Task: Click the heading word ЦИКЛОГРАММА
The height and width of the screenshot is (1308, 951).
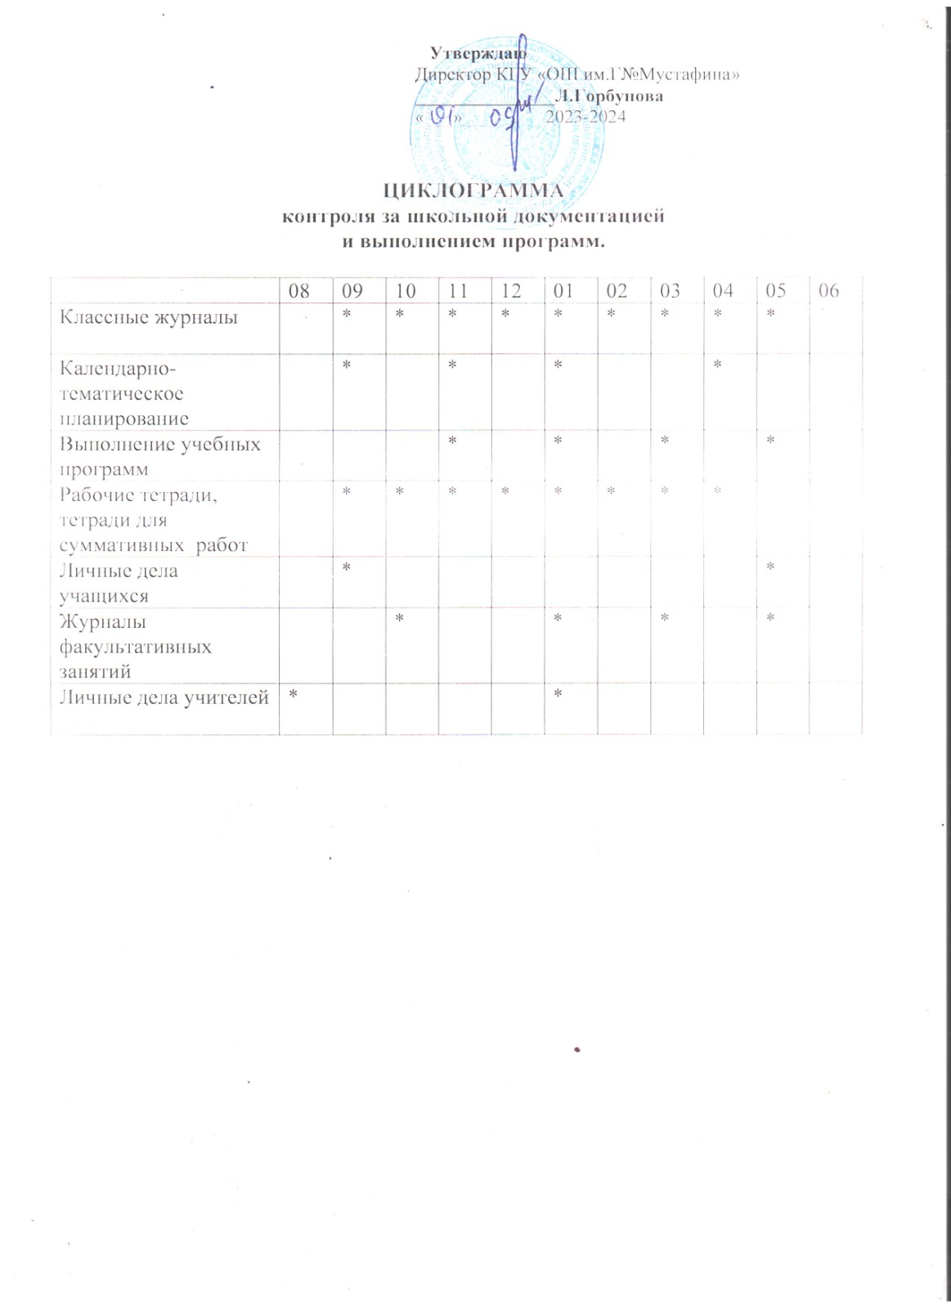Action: click(x=474, y=190)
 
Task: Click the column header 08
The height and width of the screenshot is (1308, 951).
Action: click(x=299, y=291)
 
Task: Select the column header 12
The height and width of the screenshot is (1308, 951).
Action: click(x=511, y=291)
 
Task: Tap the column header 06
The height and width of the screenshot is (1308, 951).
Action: click(x=828, y=291)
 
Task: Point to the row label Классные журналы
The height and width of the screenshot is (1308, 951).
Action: click(x=149, y=317)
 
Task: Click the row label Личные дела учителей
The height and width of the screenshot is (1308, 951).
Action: click(x=164, y=697)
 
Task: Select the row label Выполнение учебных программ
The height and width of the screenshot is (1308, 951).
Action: click(x=160, y=456)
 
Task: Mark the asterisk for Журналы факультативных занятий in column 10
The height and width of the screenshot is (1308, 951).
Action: click(x=400, y=618)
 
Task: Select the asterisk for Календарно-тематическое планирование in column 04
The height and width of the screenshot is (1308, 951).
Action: click(x=717, y=365)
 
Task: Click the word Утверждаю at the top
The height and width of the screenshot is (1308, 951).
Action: click(x=478, y=52)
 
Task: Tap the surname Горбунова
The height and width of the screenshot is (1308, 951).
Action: click(x=609, y=96)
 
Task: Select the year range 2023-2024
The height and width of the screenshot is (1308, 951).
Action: click(x=585, y=116)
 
